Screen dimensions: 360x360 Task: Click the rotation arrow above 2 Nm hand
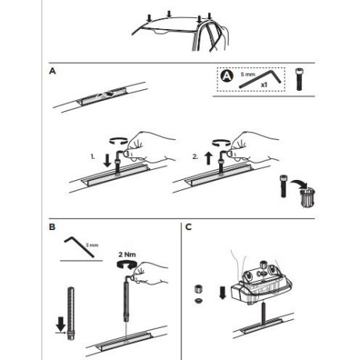tap(124, 267)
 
